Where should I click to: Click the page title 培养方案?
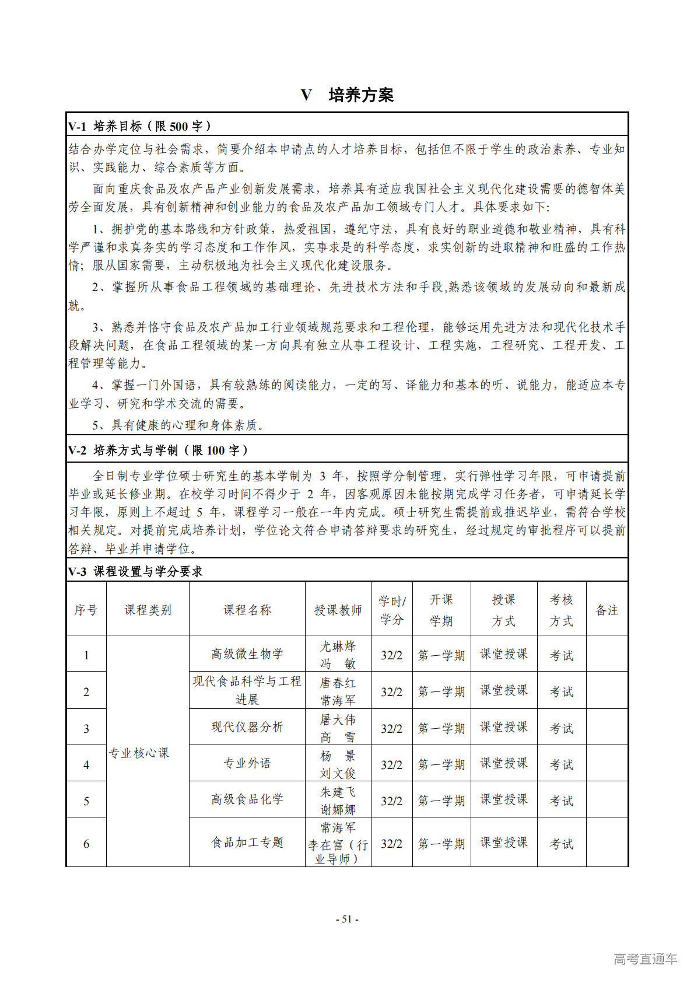tap(360, 95)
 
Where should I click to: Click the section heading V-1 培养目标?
tap(139, 126)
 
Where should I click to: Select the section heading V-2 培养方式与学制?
tap(158, 450)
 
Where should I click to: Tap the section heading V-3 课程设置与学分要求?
tap(135, 571)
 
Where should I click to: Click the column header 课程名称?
tap(247, 610)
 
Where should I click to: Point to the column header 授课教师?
tap(338, 610)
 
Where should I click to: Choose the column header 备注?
tap(607, 610)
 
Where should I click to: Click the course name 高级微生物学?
tap(247, 654)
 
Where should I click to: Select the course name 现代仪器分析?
tap(247, 727)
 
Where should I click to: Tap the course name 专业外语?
tap(247, 763)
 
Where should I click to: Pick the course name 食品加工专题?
tap(247, 843)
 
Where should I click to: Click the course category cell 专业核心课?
tap(139, 753)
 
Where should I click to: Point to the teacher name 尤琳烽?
tap(338, 646)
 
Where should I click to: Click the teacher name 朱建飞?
tap(338, 792)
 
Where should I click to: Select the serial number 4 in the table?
tap(86, 764)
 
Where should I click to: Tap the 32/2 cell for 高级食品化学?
tap(391, 801)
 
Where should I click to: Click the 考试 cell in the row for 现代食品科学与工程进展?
tap(561, 691)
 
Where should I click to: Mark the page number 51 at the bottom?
tap(347, 919)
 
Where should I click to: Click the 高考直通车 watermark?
tap(645, 959)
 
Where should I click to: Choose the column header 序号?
tap(86, 610)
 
